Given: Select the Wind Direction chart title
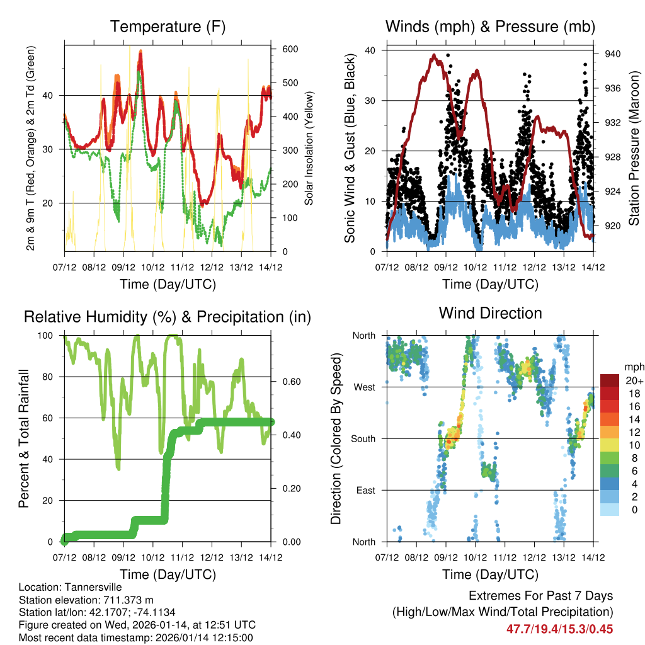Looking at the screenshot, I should click(x=490, y=312).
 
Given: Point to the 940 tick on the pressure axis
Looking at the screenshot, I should click(x=613, y=54).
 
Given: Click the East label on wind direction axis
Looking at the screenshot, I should click(x=365, y=490).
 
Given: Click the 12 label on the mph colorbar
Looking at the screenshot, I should click(x=632, y=432).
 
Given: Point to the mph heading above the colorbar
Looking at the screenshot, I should click(x=633, y=367).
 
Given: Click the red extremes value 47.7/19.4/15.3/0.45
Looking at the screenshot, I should click(x=559, y=629).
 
